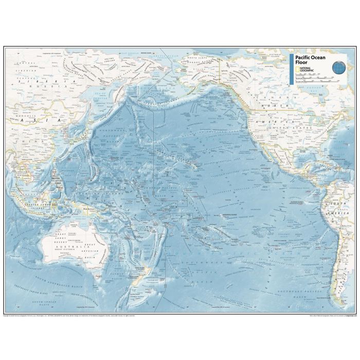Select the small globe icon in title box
coord(338,66)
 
